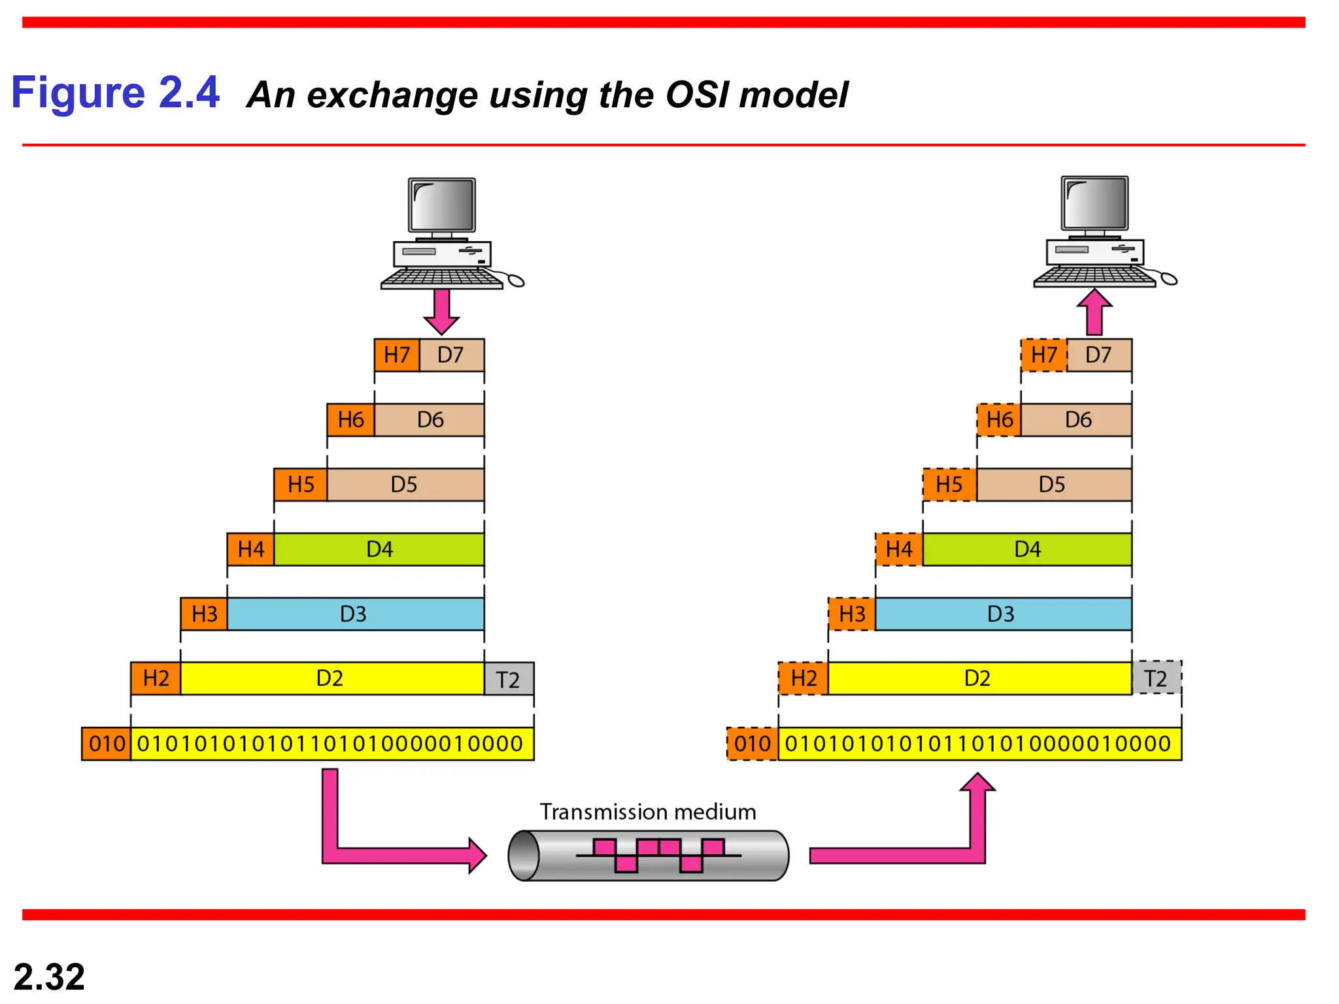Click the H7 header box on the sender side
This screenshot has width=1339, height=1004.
coord(397,355)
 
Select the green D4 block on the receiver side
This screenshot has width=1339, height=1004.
coord(1026,549)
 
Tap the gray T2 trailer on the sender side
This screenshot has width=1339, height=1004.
coord(509,679)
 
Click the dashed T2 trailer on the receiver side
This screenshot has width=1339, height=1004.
coord(1156,678)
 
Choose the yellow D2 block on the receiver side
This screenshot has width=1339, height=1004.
coord(979,678)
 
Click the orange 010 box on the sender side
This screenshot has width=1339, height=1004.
coord(107,744)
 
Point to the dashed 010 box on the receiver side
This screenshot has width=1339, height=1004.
coord(753,744)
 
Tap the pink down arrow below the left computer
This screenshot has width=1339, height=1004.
coord(442,311)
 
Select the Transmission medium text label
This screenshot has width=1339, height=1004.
coord(647,812)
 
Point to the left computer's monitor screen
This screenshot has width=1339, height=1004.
coord(442,204)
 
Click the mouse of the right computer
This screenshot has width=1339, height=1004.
coord(1169,280)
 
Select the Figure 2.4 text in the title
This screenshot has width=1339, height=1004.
coord(115,92)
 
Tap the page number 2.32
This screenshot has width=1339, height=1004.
coord(49,977)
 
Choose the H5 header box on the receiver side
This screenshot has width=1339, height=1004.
coord(949,484)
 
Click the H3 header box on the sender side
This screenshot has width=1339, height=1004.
coord(204,614)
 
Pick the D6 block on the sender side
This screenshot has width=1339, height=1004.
coord(430,420)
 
